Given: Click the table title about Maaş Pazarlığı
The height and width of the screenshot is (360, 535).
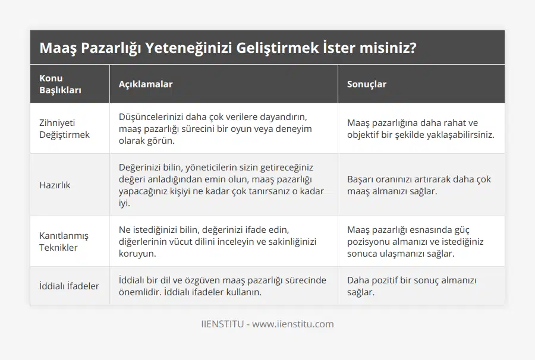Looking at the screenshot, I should (227, 48).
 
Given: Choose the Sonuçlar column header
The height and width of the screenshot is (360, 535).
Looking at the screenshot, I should (366, 84).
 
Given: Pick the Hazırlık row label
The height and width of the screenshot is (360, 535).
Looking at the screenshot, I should (55, 185).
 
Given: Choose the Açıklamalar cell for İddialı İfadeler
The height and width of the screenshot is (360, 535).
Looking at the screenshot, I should (222, 286).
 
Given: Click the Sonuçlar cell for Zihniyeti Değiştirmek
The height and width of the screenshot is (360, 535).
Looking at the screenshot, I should (420, 129).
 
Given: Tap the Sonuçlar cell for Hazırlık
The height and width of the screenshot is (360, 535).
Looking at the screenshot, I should (419, 185).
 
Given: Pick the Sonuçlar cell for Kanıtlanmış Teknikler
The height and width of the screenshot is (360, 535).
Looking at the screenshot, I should (416, 241).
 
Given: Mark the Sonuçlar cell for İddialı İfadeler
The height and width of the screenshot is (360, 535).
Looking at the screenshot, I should (411, 286).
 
